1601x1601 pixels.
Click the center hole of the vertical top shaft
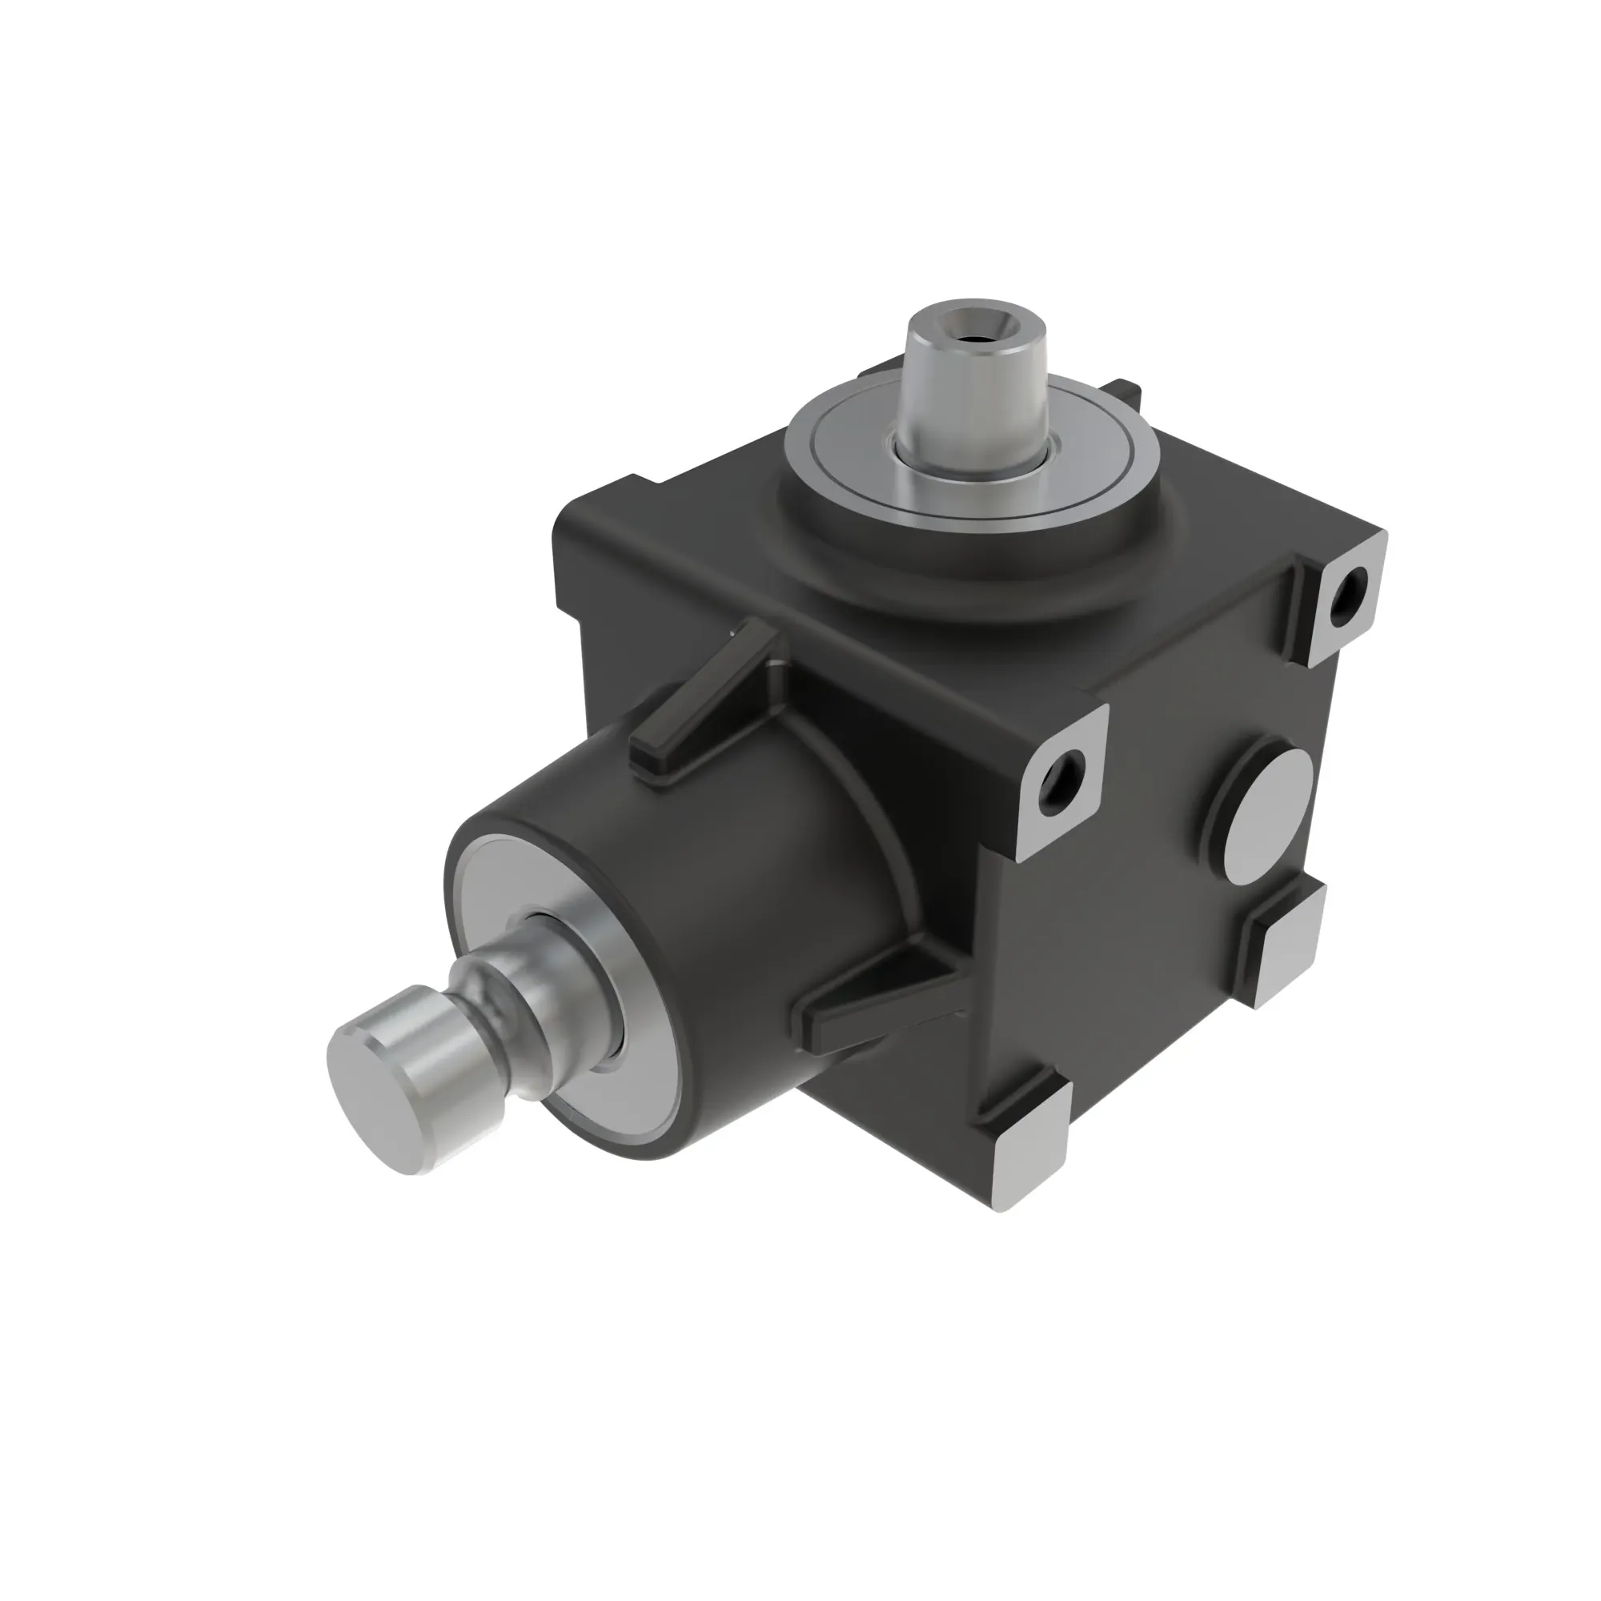click(979, 338)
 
